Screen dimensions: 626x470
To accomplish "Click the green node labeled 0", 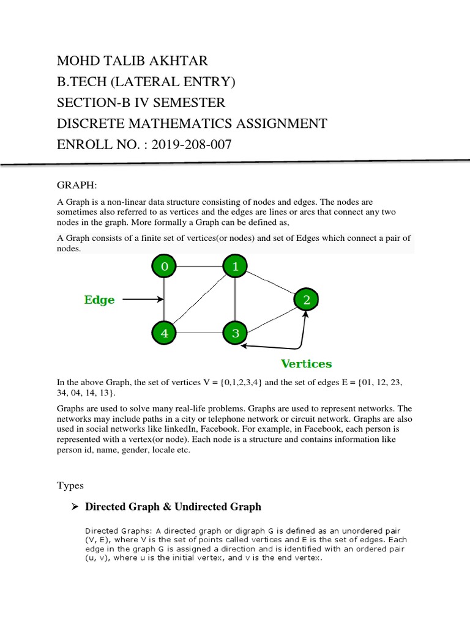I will point(163,267).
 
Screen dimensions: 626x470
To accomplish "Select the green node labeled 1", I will point(235,267).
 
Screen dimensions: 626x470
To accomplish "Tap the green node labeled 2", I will point(306,300).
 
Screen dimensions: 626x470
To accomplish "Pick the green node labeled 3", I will point(235,333).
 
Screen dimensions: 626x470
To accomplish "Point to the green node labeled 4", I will point(163,333).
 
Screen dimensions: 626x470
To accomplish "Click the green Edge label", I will point(99,300).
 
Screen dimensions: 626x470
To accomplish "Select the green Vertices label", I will point(306,364).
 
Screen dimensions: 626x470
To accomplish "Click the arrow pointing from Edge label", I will point(143,300).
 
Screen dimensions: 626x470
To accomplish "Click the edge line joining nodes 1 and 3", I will point(235,300).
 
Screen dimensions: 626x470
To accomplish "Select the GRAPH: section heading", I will point(73,185).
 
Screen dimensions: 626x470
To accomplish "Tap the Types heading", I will point(70,485).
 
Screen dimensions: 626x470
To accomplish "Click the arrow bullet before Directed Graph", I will point(75,507).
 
